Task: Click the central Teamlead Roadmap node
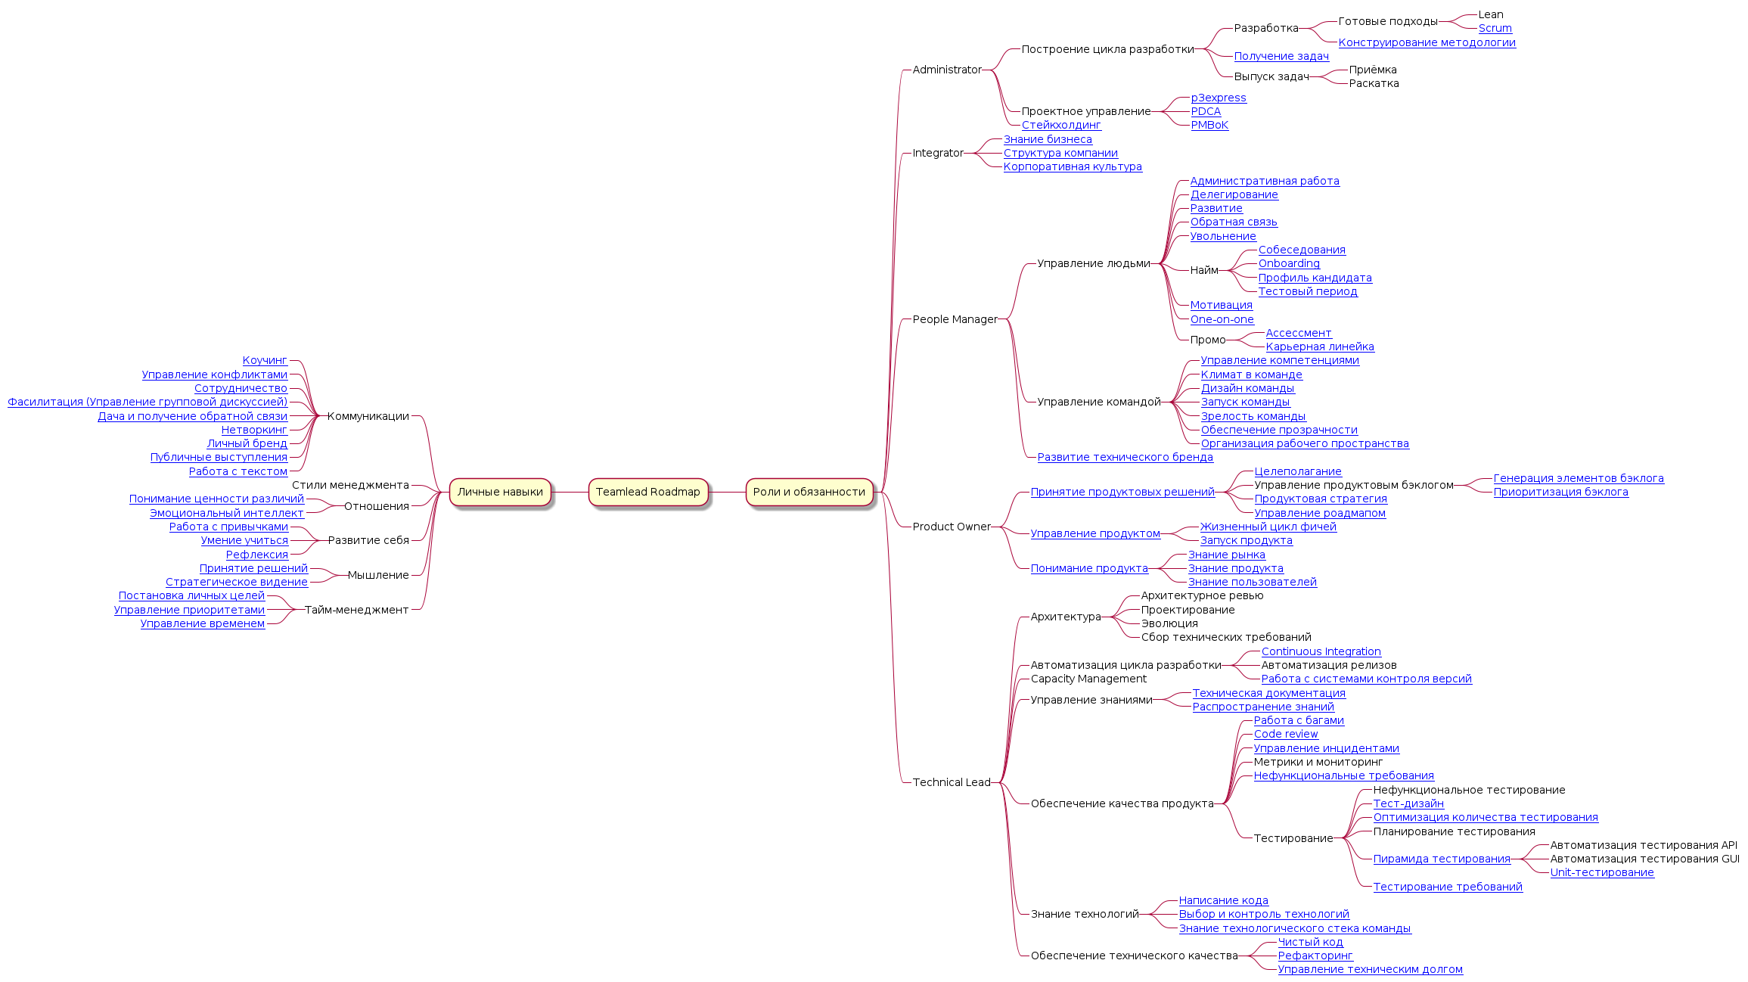(x=647, y=492)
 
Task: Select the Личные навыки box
(x=500, y=492)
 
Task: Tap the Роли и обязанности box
(x=809, y=492)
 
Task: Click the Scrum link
(x=1495, y=29)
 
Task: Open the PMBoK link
(x=1209, y=126)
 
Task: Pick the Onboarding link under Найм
(x=1288, y=264)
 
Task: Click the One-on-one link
(x=1222, y=319)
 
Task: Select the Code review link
(x=1285, y=735)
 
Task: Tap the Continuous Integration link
(x=1320, y=651)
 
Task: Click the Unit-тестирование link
(x=1601, y=872)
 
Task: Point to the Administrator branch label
(x=946, y=70)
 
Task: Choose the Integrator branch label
(x=937, y=153)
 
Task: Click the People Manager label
(x=955, y=319)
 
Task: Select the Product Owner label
(x=951, y=527)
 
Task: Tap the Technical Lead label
(x=951, y=782)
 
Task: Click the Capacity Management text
(x=1088, y=679)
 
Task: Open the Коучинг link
(x=265, y=361)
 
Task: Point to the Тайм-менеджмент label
(x=356, y=610)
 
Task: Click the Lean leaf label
(x=1490, y=14)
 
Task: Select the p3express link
(x=1218, y=98)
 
